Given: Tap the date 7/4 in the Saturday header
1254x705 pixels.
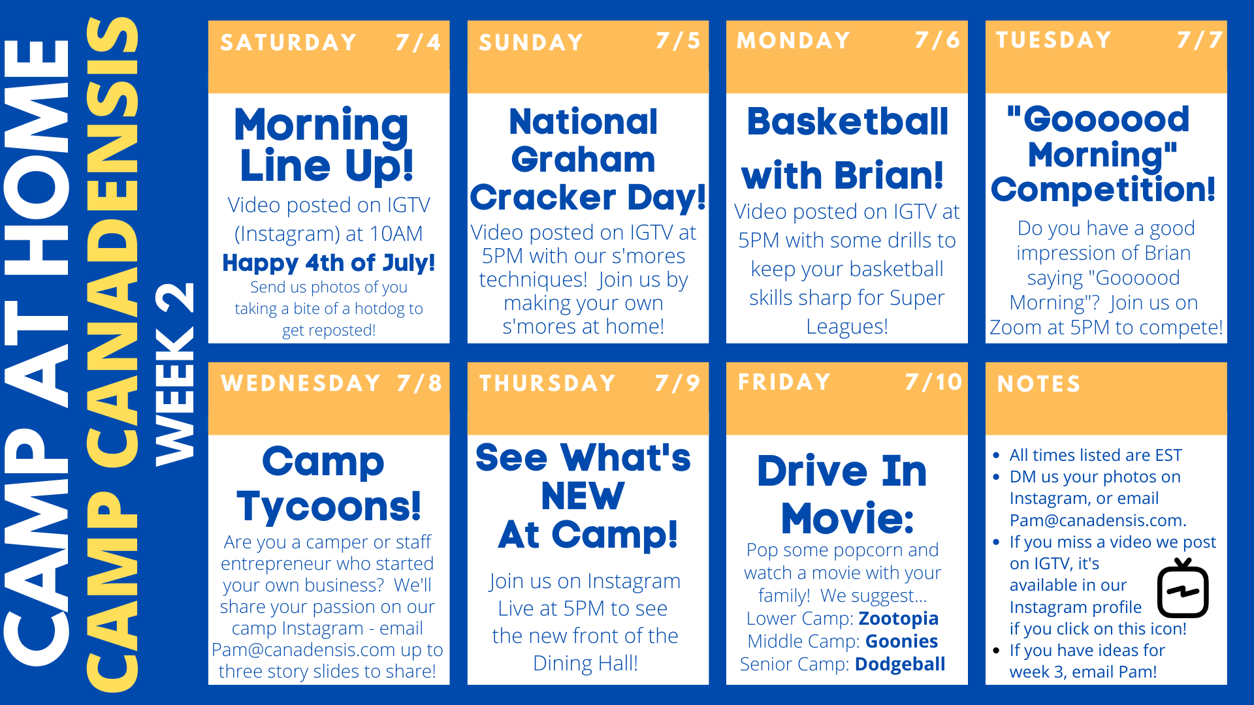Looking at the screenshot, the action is click(419, 42).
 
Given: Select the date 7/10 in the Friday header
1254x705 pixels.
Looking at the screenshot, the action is click(934, 382).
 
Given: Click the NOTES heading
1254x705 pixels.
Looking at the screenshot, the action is click(1039, 384).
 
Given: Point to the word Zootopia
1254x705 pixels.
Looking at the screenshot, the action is click(899, 618).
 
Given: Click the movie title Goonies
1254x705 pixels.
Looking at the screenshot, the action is click(902, 641).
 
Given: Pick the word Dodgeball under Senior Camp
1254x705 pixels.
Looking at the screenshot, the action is click(900, 664).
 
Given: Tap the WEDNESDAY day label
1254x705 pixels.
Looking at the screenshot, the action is click(301, 383).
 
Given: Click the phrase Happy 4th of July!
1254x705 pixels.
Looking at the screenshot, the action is click(329, 262).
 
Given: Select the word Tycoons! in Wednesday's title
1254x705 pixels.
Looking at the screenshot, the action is click(329, 507).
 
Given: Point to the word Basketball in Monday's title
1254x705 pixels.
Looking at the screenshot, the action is click(847, 121).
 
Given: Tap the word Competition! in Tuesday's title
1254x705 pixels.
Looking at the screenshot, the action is click(1103, 189).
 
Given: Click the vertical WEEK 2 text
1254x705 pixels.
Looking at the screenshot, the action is click(174, 374).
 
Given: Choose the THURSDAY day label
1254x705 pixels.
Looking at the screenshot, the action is click(548, 383).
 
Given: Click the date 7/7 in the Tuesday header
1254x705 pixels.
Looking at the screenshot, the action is click(1200, 40).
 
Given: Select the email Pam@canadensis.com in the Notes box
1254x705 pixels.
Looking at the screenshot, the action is click(1098, 520).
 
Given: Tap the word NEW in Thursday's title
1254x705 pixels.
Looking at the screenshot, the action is click(583, 496).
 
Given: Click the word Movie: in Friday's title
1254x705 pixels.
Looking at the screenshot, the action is click(847, 518).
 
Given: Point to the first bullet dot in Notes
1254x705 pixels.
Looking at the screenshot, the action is click(996, 456).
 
